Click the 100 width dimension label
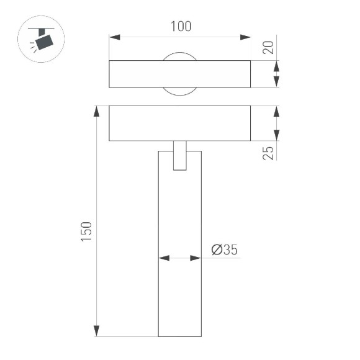coord(180,26)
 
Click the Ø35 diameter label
coord(224,250)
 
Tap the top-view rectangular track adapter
coord(180,74)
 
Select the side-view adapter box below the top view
coord(180,124)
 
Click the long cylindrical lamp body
coord(180,248)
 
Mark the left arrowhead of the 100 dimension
coord(114,37)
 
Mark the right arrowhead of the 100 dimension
coord(246,37)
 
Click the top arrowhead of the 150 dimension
coord(96,110)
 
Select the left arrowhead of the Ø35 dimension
coord(163,258)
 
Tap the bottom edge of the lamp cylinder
coord(180,336)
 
